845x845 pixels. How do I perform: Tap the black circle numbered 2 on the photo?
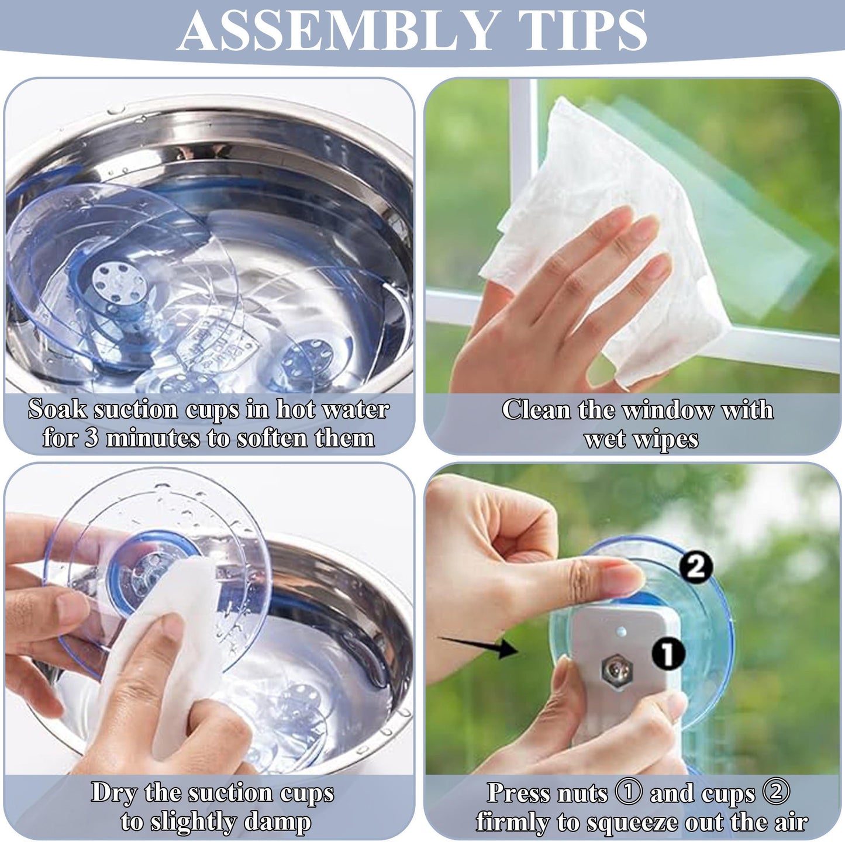(696, 567)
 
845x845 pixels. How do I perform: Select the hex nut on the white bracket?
(618, 672)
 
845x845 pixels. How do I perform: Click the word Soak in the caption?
(57, 409)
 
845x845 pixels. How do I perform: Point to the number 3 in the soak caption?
(91, 438)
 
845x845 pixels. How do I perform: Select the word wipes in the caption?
(671, 439)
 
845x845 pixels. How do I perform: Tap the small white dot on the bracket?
(621, 632)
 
